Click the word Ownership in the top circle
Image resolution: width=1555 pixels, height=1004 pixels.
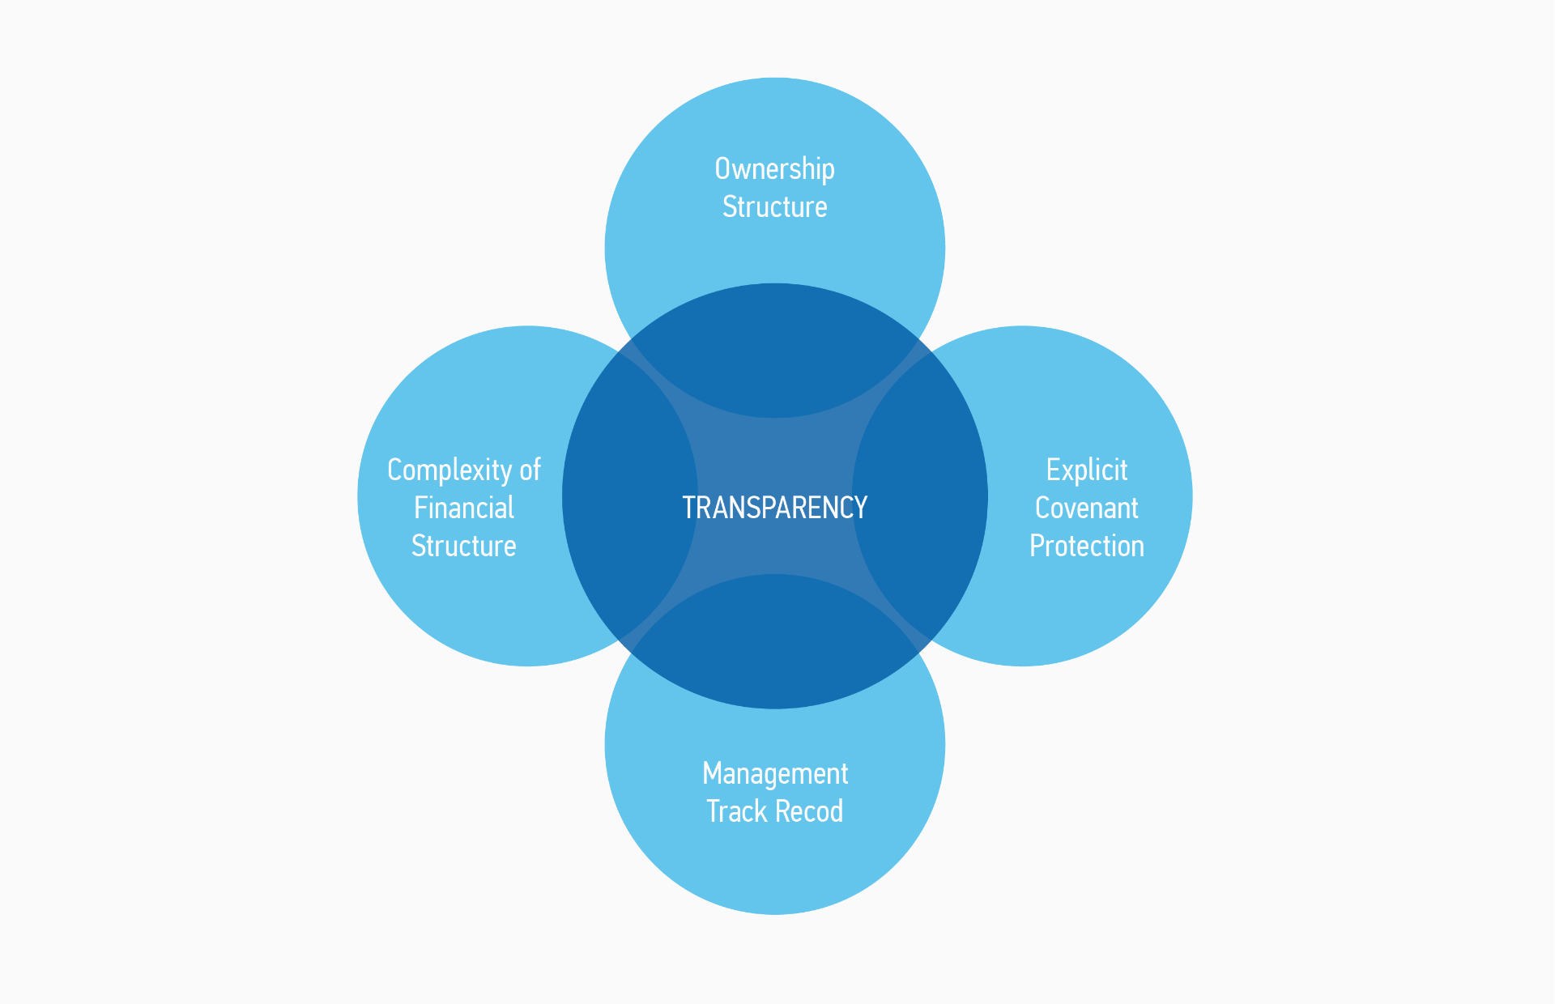tap(774, 169)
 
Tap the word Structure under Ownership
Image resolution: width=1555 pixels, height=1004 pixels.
tap(774, 207)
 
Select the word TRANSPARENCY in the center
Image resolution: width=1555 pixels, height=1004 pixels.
tap(774, 508)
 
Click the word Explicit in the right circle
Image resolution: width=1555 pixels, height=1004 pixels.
tap(1086, 470)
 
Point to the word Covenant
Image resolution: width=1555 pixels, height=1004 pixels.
tap(1086, 508)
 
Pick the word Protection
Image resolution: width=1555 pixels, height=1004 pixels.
tap(1086, 547)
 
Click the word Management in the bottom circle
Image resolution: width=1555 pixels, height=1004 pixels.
tap(774, 774)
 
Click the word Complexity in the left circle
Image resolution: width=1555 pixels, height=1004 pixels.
tap(449, 470)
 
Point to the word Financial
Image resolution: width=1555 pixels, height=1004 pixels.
tap(463, 508)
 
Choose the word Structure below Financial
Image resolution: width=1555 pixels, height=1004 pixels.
tap(463, 547)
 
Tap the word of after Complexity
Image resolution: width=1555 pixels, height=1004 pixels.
tap(530, 470)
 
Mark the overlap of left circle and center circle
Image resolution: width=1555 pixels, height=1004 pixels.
tap(628, 496)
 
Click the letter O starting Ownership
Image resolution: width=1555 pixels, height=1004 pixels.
tap(723, 169)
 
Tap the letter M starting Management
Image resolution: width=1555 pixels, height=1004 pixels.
tap(712, 773)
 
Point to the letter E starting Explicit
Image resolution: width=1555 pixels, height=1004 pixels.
tap(1052, 470)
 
